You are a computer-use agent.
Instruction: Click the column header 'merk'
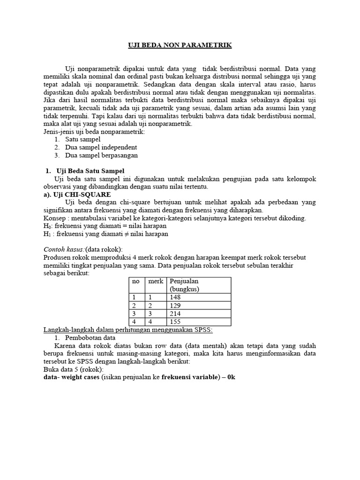(156, 281)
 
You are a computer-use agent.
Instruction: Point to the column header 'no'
(136, 281)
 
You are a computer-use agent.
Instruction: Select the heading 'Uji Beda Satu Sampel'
(90, 170)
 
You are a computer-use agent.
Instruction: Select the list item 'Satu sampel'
(83, 139)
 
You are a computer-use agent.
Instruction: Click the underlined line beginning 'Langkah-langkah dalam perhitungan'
(127, 330)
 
